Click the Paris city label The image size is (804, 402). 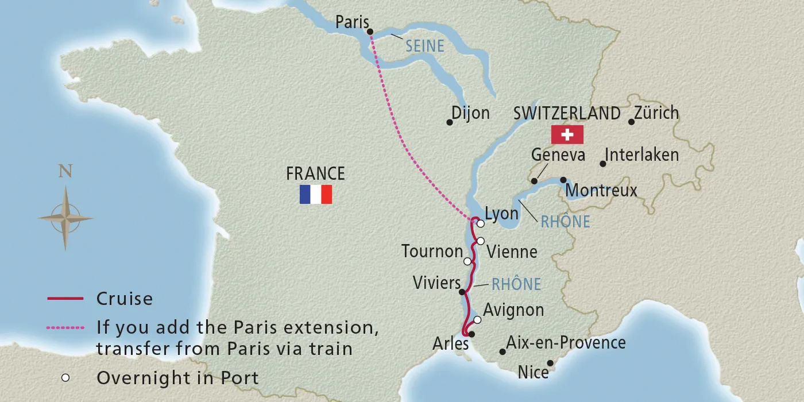click(x=351, y=22)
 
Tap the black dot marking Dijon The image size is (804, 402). click(x=450, y=122)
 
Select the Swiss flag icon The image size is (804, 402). click(x=567, y=134)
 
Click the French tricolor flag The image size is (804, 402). click(x=315, y=195)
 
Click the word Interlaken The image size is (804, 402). click(x=642, y=154)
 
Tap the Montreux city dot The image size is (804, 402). click(x=563, y=180)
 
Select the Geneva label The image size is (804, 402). click(x=558, y=154)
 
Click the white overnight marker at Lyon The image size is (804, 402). click(x=480, y=224)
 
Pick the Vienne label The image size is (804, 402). click(x=512, y=252)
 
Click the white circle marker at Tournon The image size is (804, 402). click(x=467, y=261)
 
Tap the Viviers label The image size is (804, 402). click(x=436, y=283)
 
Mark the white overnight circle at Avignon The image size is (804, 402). click(x=477, y=320)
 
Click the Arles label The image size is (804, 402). click(x=451, y=344)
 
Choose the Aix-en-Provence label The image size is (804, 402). click(x=566, y=343)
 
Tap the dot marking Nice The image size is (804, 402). click(x=550, y=362)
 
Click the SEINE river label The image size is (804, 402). click(x=425, y=46)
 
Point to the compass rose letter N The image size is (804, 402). click(x=65, y=172)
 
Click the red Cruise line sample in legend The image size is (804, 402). click(x=66, y=299)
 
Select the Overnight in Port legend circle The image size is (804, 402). click(x=66, y=377)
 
